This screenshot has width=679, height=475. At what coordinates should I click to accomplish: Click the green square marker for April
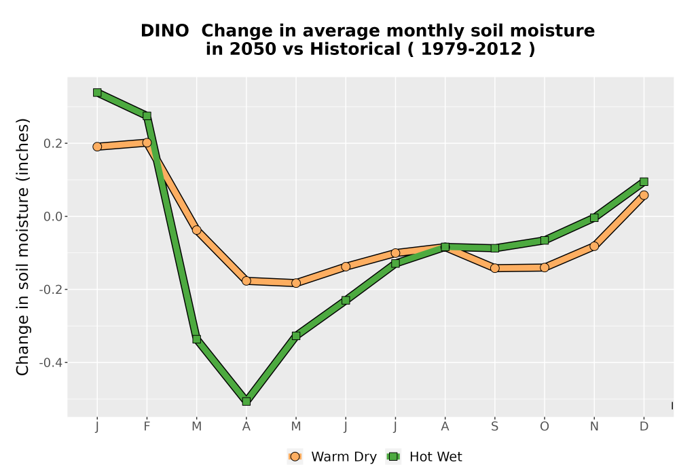[246, 402]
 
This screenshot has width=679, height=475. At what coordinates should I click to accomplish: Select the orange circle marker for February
[147, 142]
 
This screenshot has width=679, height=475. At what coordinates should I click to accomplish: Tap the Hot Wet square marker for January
[97, 92]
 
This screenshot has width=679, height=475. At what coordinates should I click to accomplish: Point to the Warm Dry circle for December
[644, 195]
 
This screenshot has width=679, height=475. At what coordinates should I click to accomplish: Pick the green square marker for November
[594, 218]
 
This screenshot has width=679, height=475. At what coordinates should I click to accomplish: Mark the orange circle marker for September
[495, 268]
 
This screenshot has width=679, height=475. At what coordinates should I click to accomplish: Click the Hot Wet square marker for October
[545, 240]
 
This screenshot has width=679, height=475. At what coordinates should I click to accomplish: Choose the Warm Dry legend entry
[332, 457]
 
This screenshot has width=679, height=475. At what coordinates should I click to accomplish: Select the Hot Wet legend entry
[424, 457]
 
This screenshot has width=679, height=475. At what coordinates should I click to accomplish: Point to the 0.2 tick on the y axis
[53, 143]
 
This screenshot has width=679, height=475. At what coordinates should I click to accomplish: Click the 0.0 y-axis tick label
[53, 216]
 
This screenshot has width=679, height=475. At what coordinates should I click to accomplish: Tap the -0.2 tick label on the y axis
[51, 290]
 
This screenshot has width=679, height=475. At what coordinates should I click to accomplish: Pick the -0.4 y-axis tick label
[51, 362]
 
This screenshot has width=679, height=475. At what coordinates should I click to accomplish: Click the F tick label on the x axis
[147, 427]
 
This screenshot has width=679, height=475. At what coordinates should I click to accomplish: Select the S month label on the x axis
[495, 427]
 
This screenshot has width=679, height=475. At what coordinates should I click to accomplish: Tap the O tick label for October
[545, 427]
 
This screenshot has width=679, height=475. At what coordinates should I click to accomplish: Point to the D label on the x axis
[644, 427]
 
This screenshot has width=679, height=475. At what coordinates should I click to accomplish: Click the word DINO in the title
[164, 31]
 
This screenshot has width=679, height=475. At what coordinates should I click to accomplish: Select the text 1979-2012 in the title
[471, 50]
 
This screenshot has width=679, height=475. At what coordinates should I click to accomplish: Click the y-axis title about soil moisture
[22, 246]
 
